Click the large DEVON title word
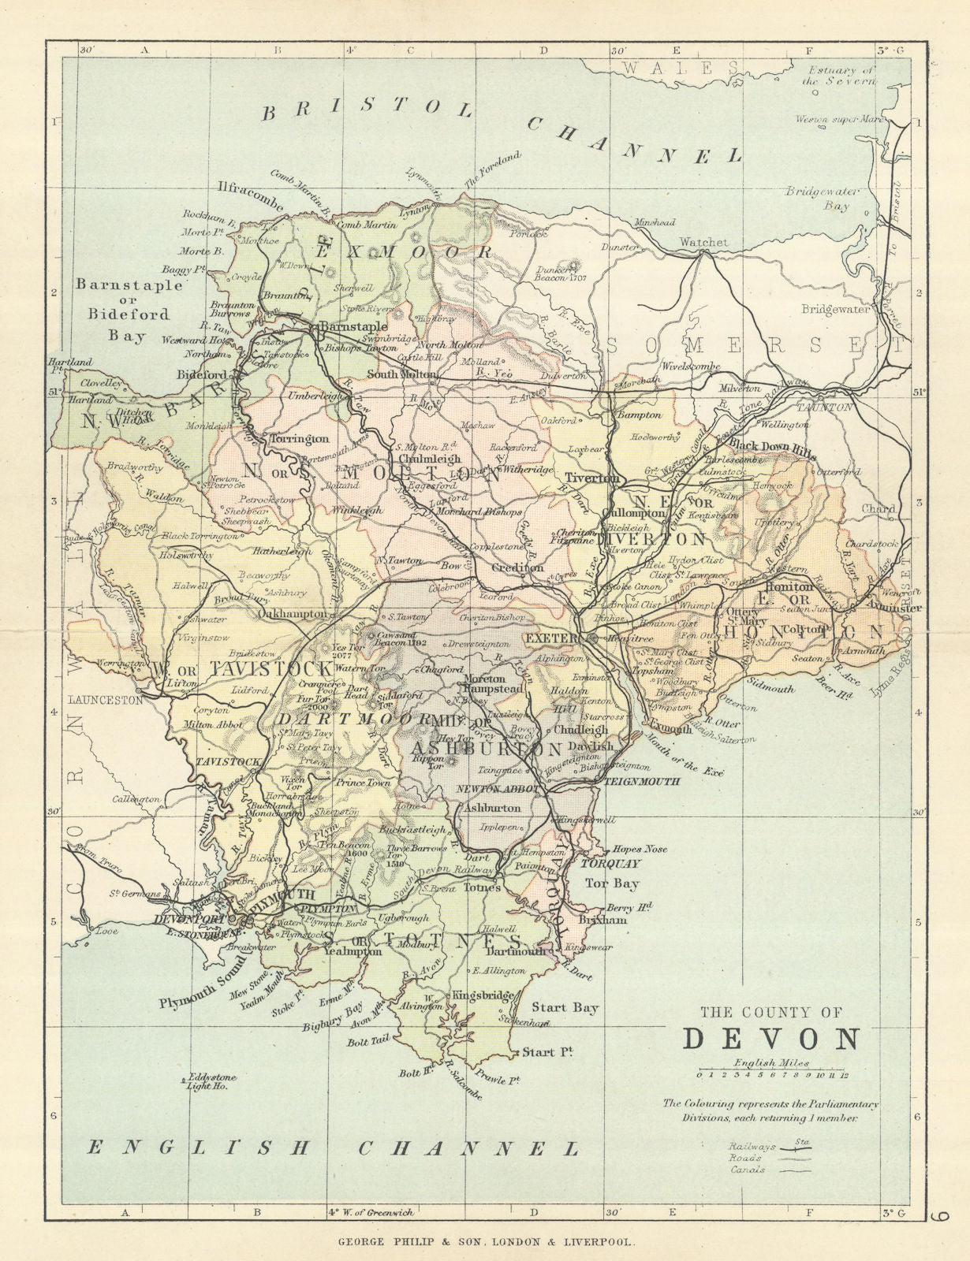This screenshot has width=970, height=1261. point(770,1039)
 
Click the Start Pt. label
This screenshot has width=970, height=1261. point(547,1051)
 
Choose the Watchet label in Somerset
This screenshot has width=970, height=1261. point(703,242)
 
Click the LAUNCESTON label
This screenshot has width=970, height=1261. point(104,699)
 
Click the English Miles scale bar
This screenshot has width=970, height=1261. point(770,1073)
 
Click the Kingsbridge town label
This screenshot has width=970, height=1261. point(477,995)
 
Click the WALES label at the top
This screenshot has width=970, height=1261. point(680,69)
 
